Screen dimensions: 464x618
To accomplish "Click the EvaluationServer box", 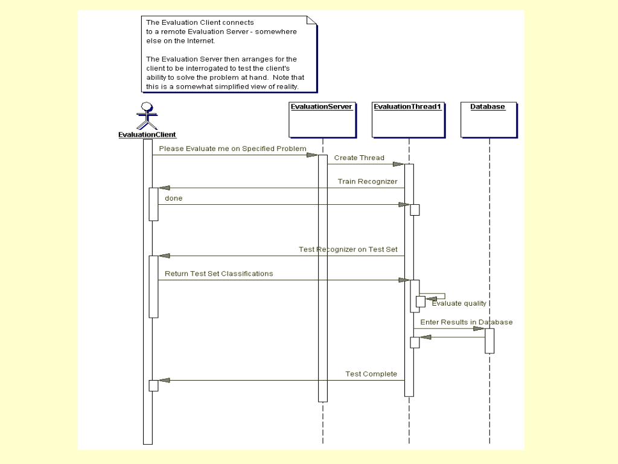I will tap(322, 120).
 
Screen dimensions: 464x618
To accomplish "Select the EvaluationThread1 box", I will tap(409, 120).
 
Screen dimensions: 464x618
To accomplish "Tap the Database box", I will tap(488, 120).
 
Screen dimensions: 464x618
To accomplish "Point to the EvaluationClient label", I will tap(147, 135).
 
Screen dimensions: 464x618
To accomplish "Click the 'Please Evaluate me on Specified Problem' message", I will tap(232, 149).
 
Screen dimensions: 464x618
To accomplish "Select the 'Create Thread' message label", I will tap(359, 158).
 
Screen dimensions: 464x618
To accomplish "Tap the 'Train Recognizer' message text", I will tap(368, 181).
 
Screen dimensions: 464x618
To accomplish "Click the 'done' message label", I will tap(173, 198).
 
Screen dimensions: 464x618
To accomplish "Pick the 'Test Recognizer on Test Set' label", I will tap(348, 249).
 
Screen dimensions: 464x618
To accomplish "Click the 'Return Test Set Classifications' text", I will tap(218, 274).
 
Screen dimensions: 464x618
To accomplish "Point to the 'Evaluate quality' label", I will tap(459, 303).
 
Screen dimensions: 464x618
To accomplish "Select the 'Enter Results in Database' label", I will tap(467, 322).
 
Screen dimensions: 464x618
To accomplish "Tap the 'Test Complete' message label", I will tap(371, 374).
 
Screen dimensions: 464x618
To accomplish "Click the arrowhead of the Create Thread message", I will tap(398, 164).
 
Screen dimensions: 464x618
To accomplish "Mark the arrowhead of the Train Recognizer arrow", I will tap(164, 188).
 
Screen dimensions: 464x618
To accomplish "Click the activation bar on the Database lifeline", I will tap(489, 340).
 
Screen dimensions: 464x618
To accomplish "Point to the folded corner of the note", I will tap(311, 20).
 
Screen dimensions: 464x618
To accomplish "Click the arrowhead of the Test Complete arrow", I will tap(164, 380).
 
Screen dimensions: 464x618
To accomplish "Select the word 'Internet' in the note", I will tap(200, 41).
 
